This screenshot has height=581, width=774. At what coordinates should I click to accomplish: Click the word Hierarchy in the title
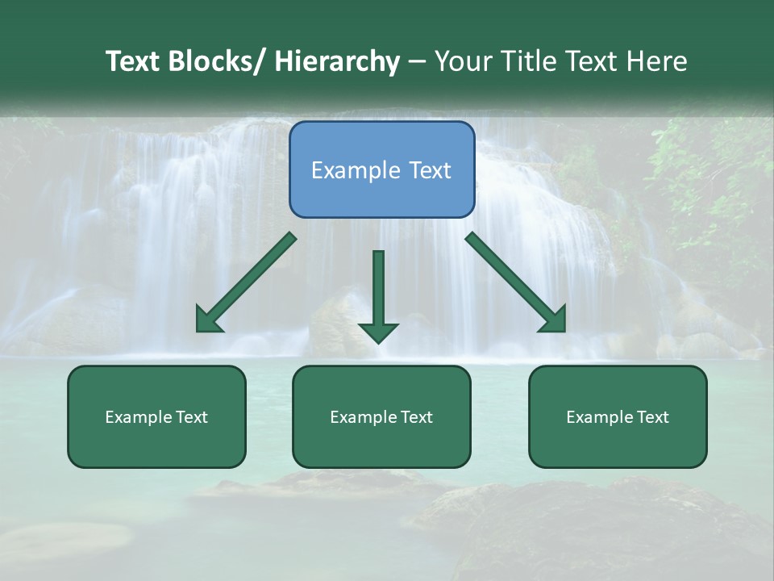[x=337, y=61]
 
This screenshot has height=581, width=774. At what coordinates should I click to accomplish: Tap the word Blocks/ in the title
[x=214, y=61]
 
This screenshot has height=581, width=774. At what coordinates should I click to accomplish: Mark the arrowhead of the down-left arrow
[x=208, y=320]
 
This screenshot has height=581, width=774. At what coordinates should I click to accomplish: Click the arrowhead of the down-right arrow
[x=554, y=320]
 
